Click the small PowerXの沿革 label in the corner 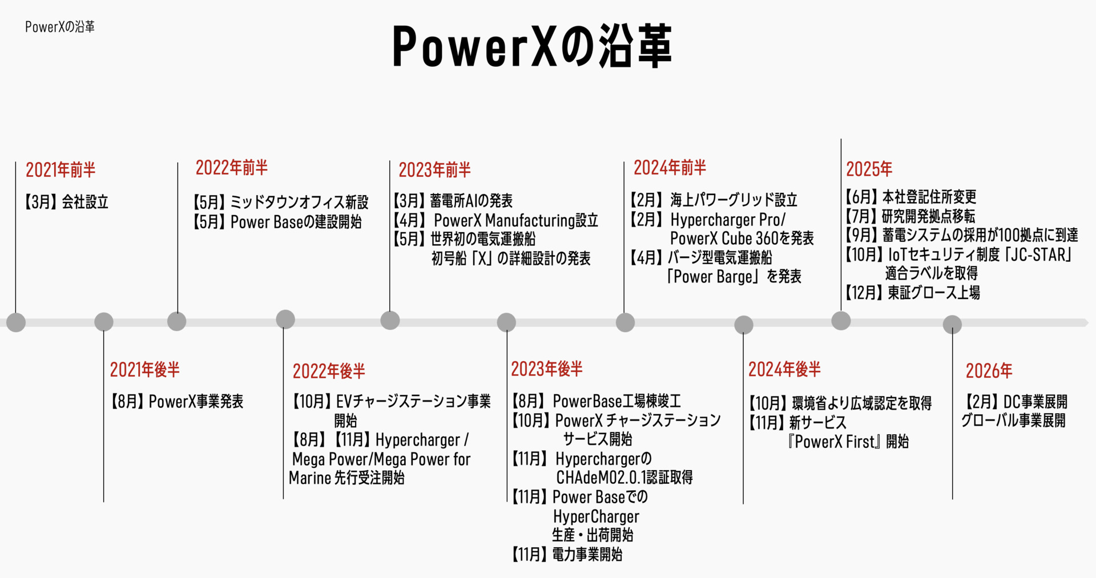tap(60, 27)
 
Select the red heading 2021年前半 tap(61, 169)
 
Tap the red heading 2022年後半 tap(329, 371)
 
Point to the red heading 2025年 tap(869, 169)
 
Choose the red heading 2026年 tap(989, 371)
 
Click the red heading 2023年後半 tap(547, 369)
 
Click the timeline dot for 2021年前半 tap(16, 322)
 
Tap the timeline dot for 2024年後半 tap(743, 325)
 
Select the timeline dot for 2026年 tap(952, 325)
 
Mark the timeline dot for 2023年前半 tap(390, 320)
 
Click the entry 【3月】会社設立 tap(67, 202)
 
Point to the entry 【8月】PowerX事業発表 tap(177, 402)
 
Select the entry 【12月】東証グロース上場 tap(912, 293)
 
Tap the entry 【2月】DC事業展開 tap(1016, 402)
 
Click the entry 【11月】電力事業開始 tap(567, 554)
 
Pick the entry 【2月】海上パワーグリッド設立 tap(714, 200)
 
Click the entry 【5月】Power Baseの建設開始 tap(277, 222)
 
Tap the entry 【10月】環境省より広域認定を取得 tap(840, 403)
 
